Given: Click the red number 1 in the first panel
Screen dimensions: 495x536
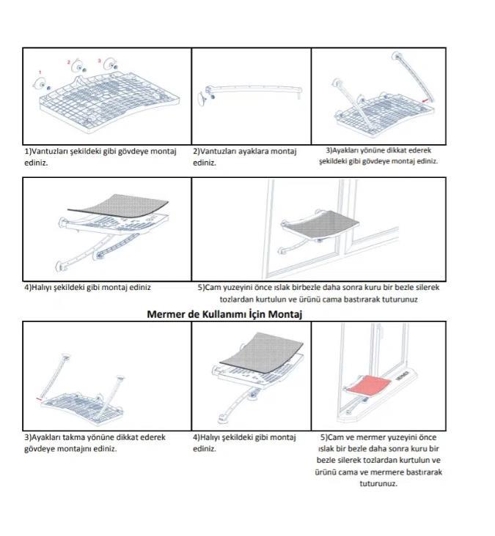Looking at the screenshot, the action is pos(40,72).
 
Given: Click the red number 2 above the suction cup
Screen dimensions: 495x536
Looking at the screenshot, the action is pos(68,62).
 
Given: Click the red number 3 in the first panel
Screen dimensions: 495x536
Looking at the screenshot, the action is pos(99,61).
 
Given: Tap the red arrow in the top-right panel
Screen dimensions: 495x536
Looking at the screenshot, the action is pos(425,100).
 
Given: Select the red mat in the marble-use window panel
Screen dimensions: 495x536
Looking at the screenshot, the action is pos(370,384).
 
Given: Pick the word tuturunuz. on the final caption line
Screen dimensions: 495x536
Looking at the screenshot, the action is pos(378,483).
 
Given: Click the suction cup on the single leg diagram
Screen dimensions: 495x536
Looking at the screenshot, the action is pos(202,98).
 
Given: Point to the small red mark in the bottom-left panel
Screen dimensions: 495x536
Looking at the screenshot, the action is pos(39,398).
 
